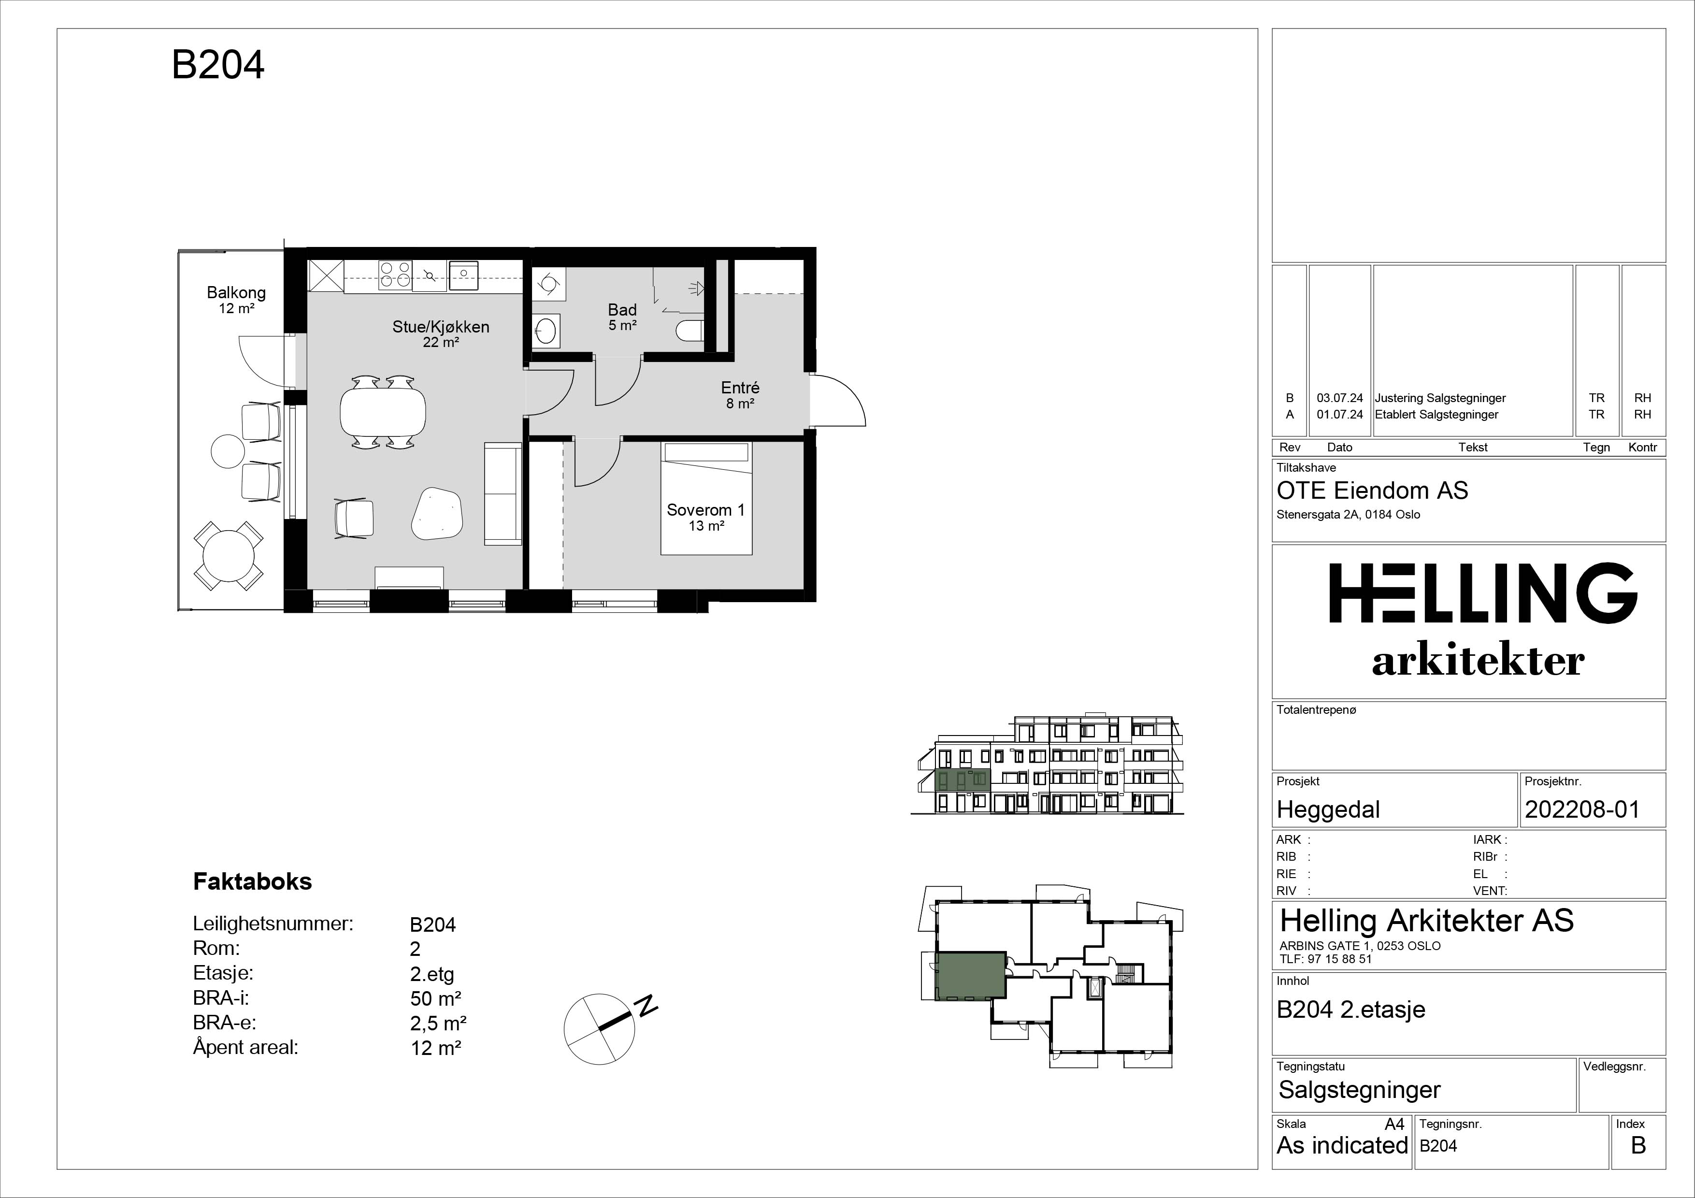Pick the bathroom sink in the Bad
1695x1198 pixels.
pyautogui.click(x=546, y=330)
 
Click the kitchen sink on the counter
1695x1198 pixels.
pyautogui.click(x=463, y=274)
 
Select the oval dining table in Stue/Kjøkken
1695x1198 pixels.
pyautogui.click(x=382, y=412)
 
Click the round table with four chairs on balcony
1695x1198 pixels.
pyautogui.click(x=229, y=556)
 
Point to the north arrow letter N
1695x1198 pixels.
pyautogui.click(x=646, y=1005)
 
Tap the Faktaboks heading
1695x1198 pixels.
pyautogui.click(x=253, y=881)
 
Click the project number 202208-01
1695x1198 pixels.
pyautogui.click(x=1582, y=810)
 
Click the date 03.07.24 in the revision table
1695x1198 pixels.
pyautogui.click(x=1340, y=398)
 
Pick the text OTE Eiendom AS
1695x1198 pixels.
pyautogui.click(x=1372, y=491)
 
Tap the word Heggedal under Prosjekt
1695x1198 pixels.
pyautogui.click(x=1328, y=810)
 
